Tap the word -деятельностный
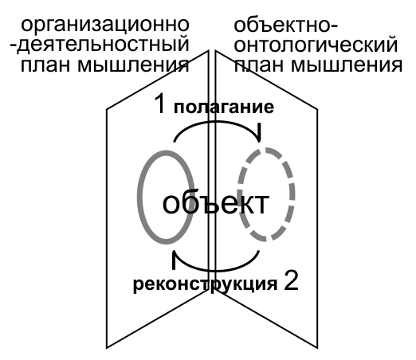click(100, 45)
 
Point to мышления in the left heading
click(133, 65)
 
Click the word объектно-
click(285, 25)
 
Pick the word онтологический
click(316, 45)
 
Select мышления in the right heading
click(347, 65)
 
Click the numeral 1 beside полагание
click(160, 104)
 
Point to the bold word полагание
click(224, 107)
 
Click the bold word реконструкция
click(205, 284)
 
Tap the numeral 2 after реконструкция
click(291, 280)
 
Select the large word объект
click(216, 203)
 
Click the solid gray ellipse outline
click(139, 197)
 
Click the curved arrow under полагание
click(217, 122)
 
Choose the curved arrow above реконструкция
click(217, 270)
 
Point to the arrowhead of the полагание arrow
click(259, 133)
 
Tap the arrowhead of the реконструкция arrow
click(175, 260)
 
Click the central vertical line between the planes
click(209, 170)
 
